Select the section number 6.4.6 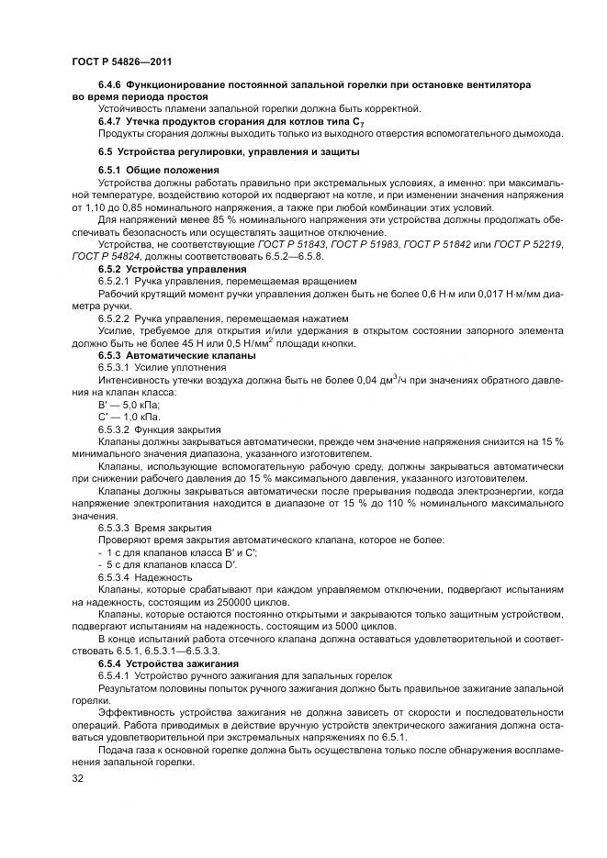[x=111, y=84]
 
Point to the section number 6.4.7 [x=111, y=121]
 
